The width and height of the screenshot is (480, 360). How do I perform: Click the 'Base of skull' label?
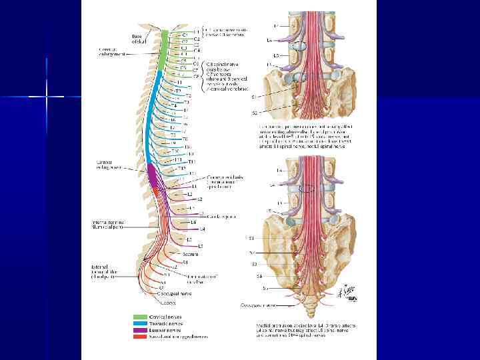coord(137,39)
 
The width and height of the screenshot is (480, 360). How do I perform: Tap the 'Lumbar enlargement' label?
coord(109,163)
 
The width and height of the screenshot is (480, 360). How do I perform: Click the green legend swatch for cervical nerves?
coord(139,317)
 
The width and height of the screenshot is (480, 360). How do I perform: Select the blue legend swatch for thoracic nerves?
coord(139,323)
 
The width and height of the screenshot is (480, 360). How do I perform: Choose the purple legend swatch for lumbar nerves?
coord(139,329)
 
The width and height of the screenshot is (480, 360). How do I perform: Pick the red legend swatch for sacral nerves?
coord(139,335)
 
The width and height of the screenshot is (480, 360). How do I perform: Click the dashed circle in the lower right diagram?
coord(306,188)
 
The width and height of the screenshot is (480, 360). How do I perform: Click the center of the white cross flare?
coord(47,97)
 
